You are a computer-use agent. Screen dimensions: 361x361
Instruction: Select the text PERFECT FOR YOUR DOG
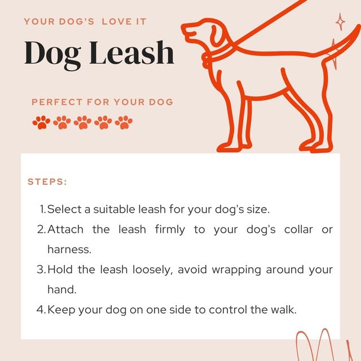tap(102, 102)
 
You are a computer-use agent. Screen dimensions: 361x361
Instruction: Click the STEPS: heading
tap(47, 182)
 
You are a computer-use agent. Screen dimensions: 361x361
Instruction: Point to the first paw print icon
tap(41, 122)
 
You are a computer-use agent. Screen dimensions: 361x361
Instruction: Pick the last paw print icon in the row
tap(124, 122)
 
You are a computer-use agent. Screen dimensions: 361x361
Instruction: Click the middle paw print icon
tap(82, 122)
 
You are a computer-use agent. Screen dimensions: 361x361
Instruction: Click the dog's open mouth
tap(188, 32)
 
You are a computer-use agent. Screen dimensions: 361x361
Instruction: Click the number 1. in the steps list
tap(42, 209)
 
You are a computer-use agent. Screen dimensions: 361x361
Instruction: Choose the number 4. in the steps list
tap(41, 309)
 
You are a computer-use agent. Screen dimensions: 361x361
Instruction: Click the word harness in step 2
tap(68, 249)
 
